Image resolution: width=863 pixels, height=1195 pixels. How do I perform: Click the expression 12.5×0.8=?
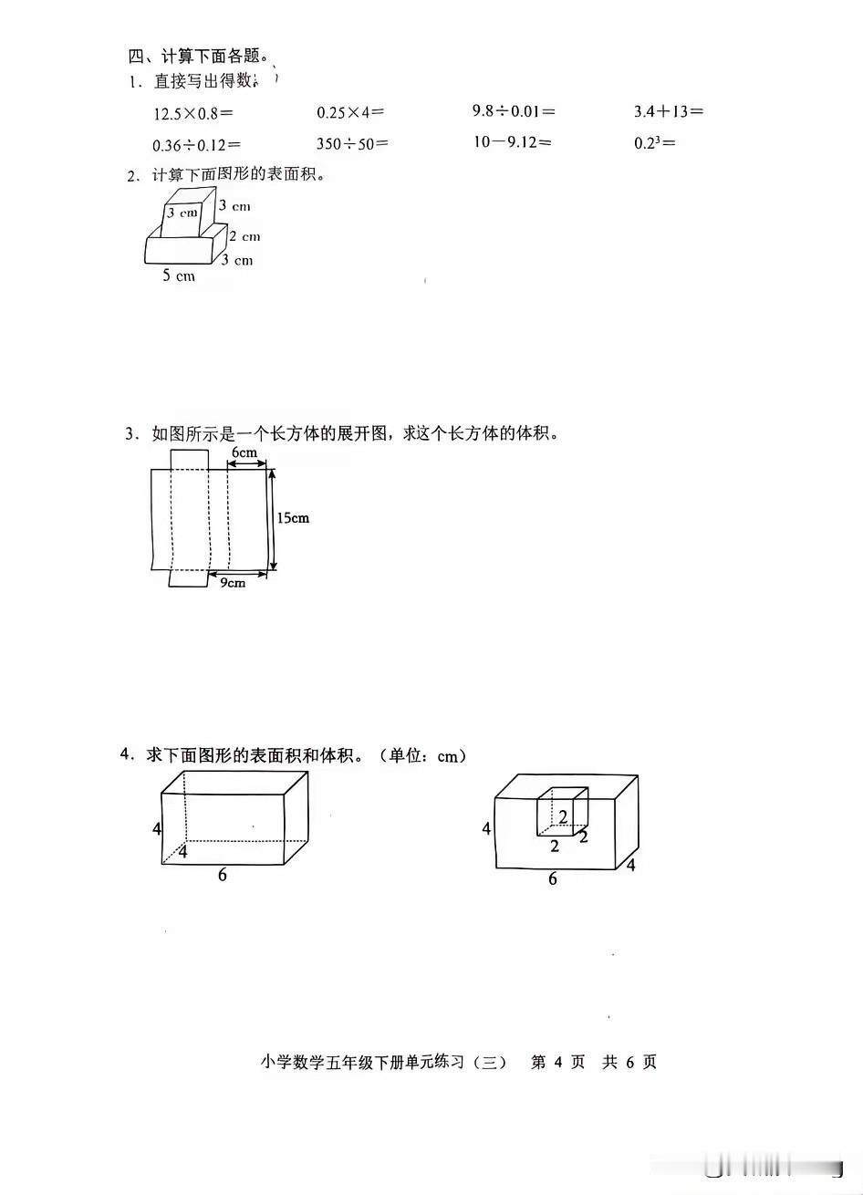(x=193, y=113)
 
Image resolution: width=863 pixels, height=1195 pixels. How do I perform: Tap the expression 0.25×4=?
(x=350, y=112)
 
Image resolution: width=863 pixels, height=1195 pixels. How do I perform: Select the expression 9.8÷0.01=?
(x=514, y=111)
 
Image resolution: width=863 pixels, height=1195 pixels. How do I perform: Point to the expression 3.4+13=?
(x=669, y=111)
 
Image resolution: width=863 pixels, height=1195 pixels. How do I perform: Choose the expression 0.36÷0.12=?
(x=196, y=144)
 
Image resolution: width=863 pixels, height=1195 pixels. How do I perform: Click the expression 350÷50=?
(x=352, y=143)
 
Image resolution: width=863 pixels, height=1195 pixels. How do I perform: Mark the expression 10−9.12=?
(x=512, y=142)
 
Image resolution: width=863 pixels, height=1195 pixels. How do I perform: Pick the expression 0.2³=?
(x=653, y=142)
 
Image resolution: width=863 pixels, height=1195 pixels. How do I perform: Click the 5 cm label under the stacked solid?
(x=179, y=275)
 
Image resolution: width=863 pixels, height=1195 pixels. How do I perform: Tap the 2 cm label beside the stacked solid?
(x=244, y=236)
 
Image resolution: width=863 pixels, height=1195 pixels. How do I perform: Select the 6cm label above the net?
(x=244, y=452)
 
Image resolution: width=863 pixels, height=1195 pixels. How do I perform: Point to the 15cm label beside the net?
(x=292, y=518)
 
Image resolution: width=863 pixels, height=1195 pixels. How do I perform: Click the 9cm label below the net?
(x=233, y=583)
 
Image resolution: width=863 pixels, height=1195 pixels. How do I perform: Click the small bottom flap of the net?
(x=190, y=578)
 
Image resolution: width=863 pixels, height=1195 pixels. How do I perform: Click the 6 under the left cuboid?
(x=222, y=875)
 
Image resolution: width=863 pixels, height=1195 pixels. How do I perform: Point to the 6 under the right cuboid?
(x=552, y=879)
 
